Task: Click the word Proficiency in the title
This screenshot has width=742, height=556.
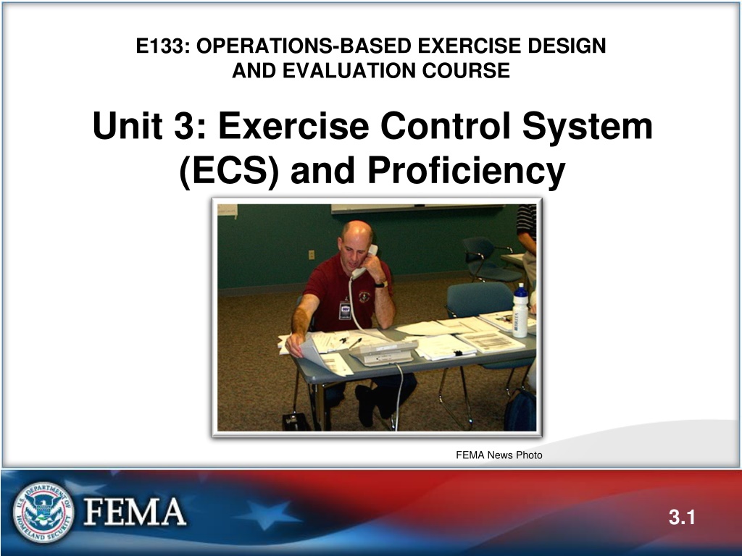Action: click(x=466, y=171)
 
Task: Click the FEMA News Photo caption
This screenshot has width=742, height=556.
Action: click(x=499, y=455)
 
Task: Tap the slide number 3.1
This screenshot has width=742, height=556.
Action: click(x=682, y=517)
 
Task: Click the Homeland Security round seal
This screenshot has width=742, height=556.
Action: click(x=43, y=512)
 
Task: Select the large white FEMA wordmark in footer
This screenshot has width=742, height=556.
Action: click(x=135, y=512)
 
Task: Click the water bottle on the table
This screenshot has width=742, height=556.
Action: click(x=520, y=311)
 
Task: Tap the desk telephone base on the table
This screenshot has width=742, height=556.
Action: click(x=383, y=353)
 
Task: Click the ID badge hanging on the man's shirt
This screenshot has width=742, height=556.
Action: click(x=345, y=310)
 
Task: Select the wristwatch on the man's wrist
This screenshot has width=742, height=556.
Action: click(x=381, y=284)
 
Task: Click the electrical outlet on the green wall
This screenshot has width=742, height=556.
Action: click(x=312, y=255)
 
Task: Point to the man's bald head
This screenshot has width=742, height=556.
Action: click(x=357, y=231)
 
